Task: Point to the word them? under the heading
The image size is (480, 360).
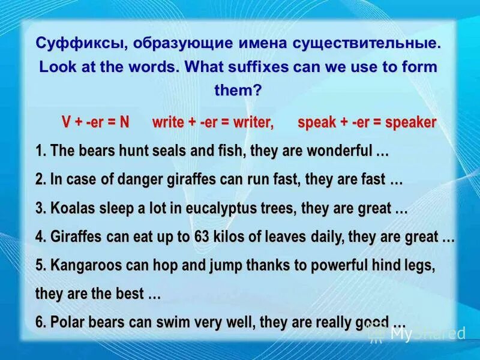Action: point(238,91)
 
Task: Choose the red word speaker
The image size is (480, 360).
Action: point(410,122)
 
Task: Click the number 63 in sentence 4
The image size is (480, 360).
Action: point(202,237)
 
